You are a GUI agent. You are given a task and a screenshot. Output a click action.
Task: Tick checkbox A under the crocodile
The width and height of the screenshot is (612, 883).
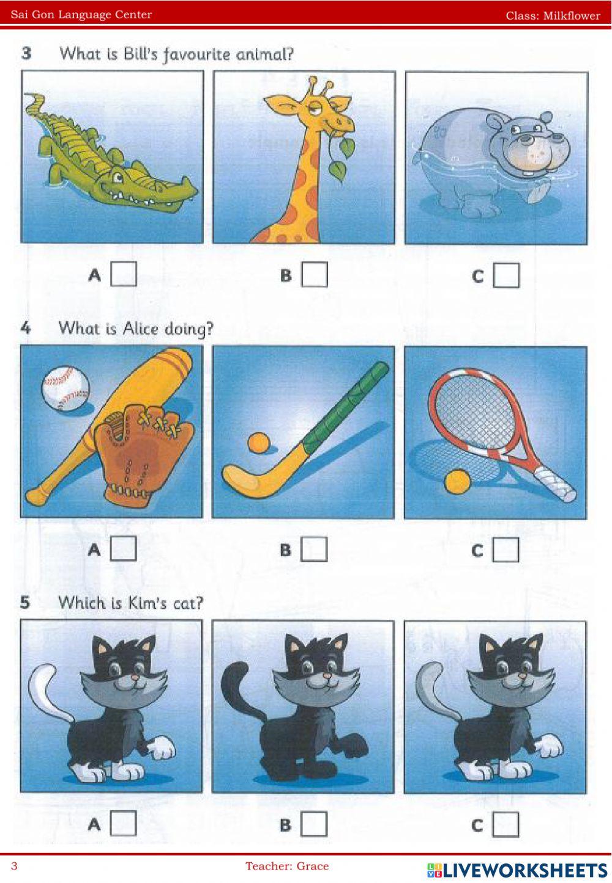pos(124,274)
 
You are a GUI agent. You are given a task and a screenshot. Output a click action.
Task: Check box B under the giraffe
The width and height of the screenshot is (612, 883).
pos(315,274)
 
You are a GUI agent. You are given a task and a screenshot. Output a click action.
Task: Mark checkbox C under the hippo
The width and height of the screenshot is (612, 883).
pos(506,275)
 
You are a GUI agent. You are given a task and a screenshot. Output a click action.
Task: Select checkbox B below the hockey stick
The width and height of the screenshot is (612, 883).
pos(315,549)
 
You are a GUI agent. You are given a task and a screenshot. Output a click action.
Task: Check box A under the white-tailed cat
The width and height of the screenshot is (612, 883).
pos(124,823)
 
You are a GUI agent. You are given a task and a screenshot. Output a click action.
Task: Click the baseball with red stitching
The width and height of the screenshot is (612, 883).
pos(65,389)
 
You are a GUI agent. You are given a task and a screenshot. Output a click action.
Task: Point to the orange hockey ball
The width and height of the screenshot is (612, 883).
pos(259,442)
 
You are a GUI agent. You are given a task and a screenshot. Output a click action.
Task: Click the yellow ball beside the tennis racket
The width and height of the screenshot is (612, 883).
pos(457,482)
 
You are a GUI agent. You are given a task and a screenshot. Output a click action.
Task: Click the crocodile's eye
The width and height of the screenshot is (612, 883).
pos(118,177)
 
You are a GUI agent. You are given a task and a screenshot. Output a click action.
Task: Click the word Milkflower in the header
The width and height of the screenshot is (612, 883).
pos(572,16)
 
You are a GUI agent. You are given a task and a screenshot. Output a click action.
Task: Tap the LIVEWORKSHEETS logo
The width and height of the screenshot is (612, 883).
pos(517,870)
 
